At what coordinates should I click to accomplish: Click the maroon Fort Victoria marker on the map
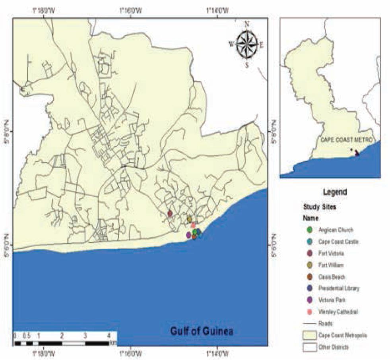point(170,213)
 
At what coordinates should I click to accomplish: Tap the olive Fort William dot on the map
point(190,219)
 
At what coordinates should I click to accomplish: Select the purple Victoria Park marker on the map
point(188,235)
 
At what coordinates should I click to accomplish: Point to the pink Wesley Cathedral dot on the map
point(193,225)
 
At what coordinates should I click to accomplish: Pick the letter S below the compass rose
point(247,65)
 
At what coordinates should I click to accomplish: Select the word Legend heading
point(336,192)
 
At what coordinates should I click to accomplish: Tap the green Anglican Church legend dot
point(310,230)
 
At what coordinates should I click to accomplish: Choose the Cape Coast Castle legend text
point(336,241)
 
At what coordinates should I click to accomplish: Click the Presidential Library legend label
point(339,288)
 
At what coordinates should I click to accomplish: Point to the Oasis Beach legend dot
point(310,277)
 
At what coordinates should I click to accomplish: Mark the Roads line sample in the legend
point(310,323)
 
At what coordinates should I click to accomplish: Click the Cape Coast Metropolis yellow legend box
point(310,335)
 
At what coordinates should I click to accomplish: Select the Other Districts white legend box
point(310,347)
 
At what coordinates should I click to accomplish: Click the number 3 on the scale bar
point(85,336)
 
